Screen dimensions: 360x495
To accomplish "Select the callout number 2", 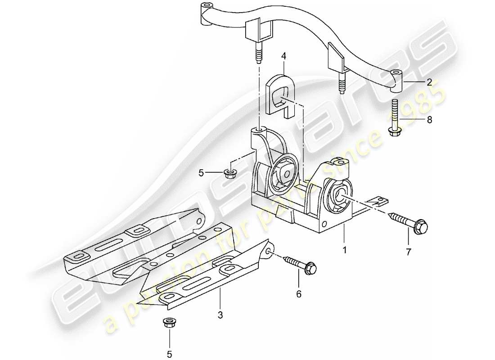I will (429, 82).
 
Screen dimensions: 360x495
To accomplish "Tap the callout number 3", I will (220, 315).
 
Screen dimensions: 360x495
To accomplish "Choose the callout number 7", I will (408, 252).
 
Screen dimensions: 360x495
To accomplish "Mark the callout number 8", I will (429, 120).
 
